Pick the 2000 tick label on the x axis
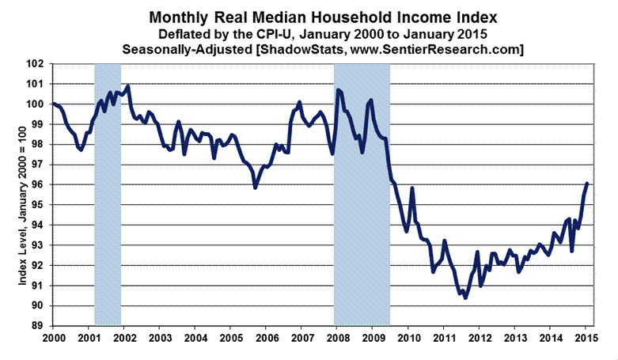pos(53,338)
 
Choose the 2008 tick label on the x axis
pos(337,338)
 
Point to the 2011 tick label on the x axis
pos(444,338)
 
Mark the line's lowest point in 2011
pos(465,297)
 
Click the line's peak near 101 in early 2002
pos(128,85)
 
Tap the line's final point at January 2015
pos(587,184)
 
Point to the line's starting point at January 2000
pos(53,104)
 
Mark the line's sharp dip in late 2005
pos(255,188)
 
